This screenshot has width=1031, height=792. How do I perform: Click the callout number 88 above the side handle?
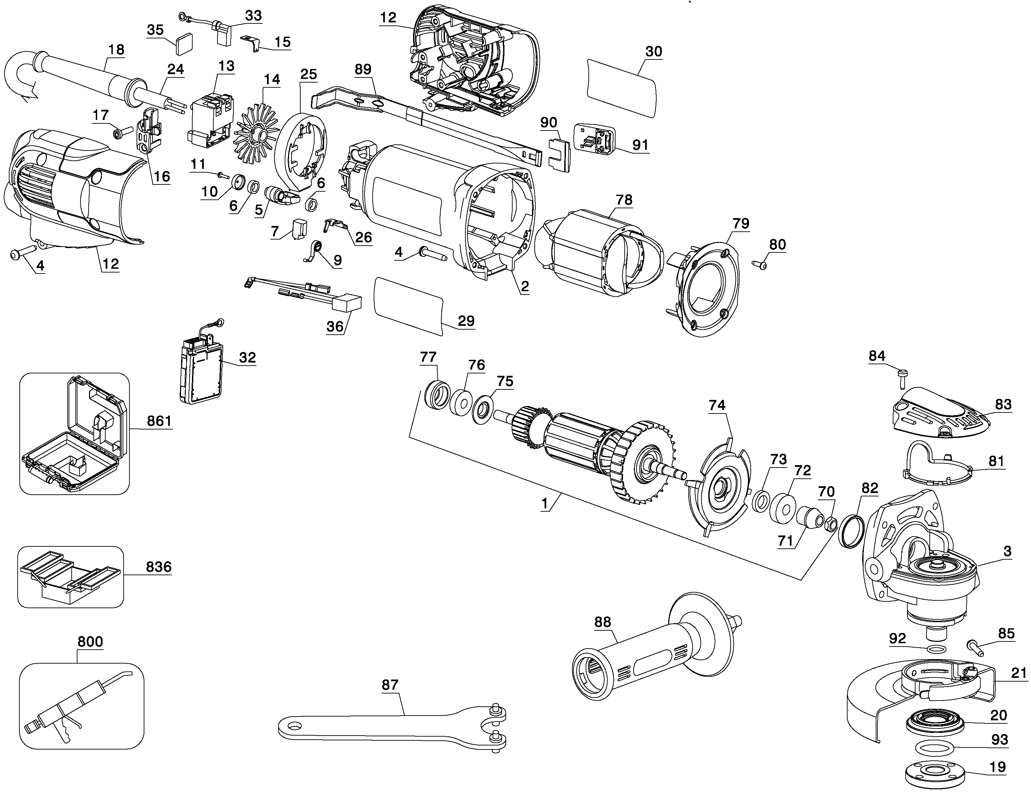pos(602,622)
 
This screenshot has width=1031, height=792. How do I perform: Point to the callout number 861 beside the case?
pos(159,421)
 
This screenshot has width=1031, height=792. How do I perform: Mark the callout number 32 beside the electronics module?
pos(247,357)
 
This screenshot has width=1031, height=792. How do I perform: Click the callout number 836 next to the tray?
pos(158,567)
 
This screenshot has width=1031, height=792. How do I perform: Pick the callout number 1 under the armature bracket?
pos(545,504)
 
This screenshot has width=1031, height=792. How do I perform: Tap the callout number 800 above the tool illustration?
pos(90,641)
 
